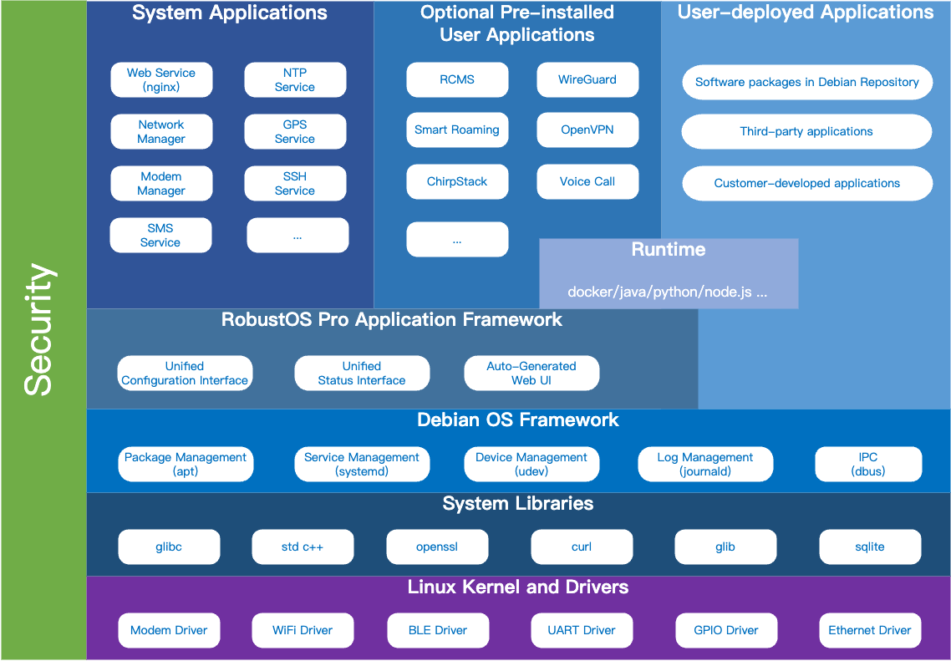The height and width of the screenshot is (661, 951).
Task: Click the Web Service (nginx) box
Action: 161,80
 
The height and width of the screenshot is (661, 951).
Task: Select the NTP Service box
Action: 295,80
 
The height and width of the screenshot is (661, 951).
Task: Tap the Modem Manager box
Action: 161,184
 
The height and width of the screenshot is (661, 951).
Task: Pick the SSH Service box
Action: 295,184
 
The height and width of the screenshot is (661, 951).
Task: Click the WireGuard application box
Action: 587,80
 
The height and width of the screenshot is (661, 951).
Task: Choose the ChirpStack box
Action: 457,182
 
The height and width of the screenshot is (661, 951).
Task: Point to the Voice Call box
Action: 587,182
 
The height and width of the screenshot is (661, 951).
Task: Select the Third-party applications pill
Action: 806,132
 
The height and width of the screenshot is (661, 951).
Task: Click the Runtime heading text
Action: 669,250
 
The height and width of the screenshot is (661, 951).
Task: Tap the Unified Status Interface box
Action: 362,374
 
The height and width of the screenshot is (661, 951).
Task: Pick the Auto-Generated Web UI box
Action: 531,374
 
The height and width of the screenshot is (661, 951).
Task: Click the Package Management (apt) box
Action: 186,465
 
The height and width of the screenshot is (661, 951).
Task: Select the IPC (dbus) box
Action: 868,465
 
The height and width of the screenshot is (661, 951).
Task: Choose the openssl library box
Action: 437,547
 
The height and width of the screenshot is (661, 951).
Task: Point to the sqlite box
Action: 870,547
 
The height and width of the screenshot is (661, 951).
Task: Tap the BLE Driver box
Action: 438,631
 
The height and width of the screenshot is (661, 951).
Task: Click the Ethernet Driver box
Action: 870,631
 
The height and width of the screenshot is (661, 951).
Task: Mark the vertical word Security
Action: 39,330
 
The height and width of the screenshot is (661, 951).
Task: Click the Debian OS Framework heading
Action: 518,420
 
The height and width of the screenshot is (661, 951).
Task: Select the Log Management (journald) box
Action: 705,465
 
